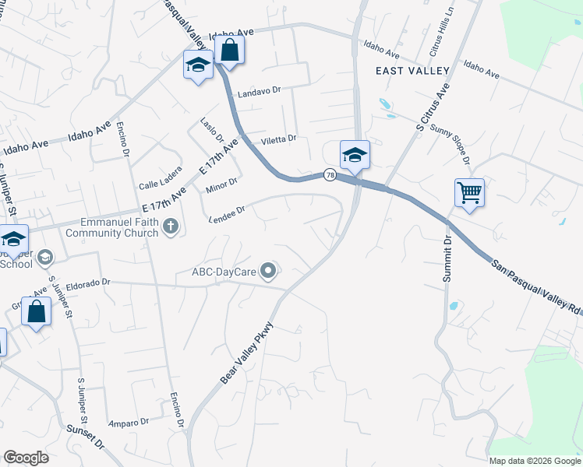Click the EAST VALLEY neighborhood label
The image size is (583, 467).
click(x=412, y=71)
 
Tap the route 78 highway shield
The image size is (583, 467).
click(x=331, y=175)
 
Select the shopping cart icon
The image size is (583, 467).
click(x=469, y=192)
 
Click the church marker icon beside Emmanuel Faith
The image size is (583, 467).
click(x=171, y=227)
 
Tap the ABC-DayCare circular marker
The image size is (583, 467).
click(x=269, y=272)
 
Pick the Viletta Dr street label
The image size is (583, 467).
click(x=278, y=139)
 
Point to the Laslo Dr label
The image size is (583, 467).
click(x=211, y=131)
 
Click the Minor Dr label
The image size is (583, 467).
click(x=221, y=185)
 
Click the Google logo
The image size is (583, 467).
click(x=26, y=458)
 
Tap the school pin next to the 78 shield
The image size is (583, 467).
click(x=355, y=154)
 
